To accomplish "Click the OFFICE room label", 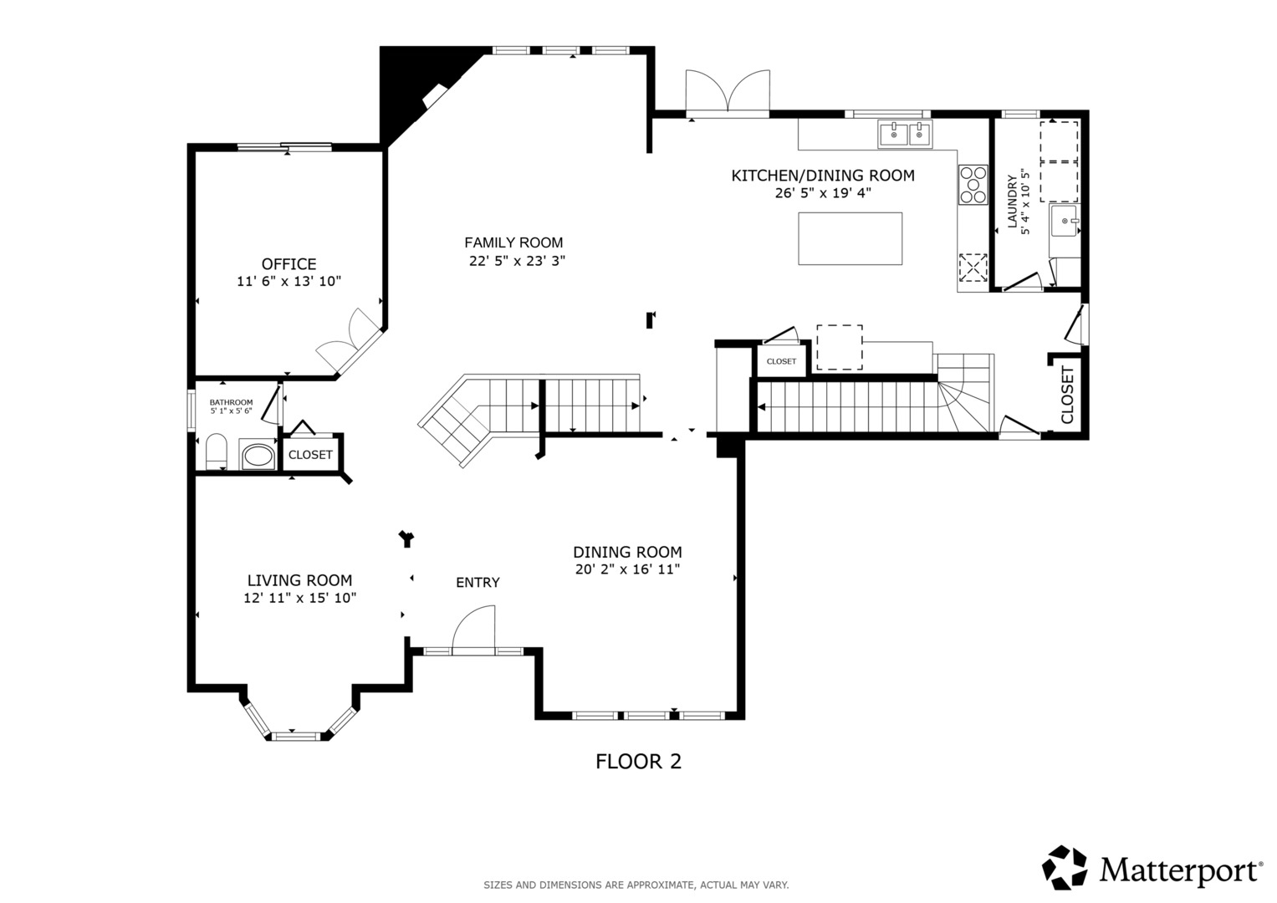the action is coord(289,264).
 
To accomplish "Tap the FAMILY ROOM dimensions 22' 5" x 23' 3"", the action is coord(517,261).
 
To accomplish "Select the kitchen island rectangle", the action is coord(850,239).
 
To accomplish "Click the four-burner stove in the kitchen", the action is coord(973,185).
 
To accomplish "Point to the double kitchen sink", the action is coord(906,135).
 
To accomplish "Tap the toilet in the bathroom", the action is coord(216,451).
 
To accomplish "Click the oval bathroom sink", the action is coord(258,456).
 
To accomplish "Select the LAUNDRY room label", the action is coord(1013,202).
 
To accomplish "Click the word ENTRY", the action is coord(478,582).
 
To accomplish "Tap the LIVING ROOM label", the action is coord(300,580).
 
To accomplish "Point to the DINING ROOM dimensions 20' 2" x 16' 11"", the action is coord(628,569).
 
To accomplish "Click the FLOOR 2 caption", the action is coord(639,762).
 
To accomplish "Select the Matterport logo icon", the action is coord(1065,868).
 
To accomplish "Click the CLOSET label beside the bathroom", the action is coord(310,455).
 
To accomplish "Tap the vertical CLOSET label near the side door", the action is coord(1067,395).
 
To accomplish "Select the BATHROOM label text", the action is coord(231,402).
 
